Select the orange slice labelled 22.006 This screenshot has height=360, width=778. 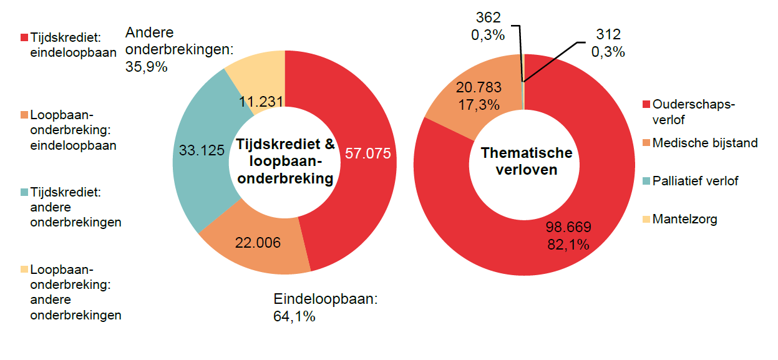click(258, 243)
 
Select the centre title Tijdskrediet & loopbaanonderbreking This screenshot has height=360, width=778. click(284, 162)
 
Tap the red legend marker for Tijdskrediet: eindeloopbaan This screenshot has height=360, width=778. click(24, 37)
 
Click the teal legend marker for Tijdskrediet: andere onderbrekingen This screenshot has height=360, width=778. click(24, 193)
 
